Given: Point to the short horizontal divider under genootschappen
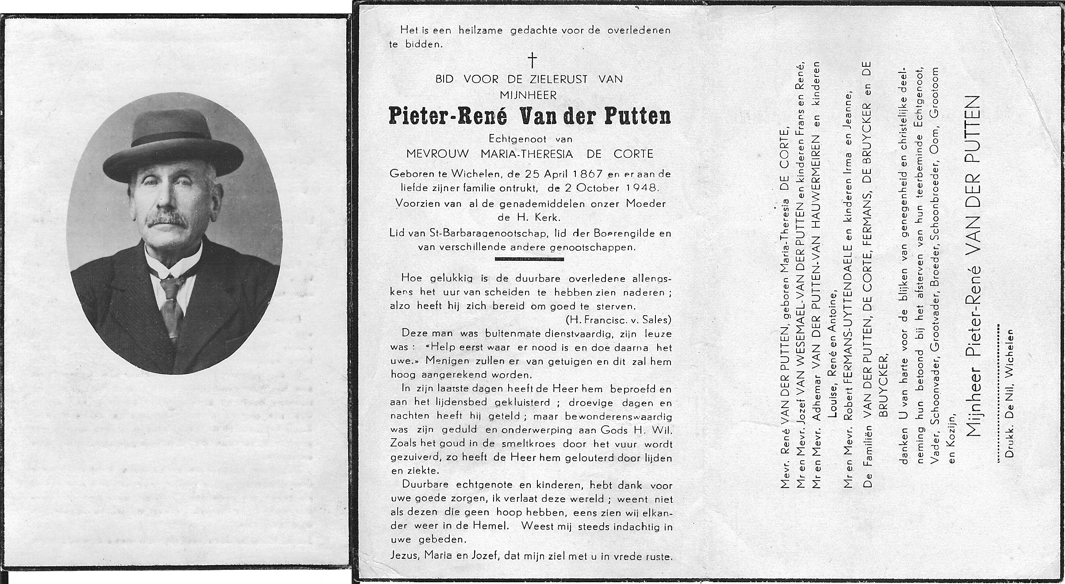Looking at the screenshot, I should (529, 260).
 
